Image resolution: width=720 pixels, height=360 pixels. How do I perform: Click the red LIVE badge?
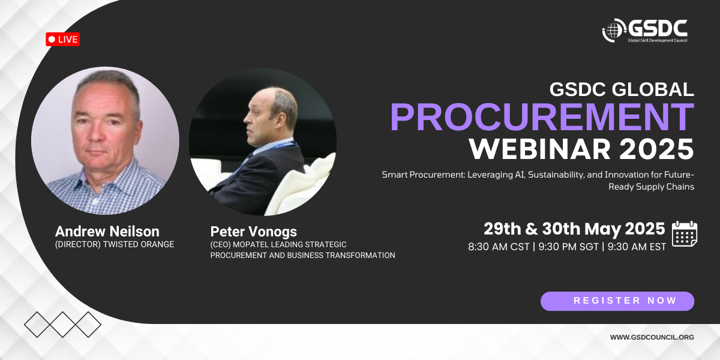[62, 39]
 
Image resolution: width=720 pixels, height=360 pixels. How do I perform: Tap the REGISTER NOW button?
[617, 301]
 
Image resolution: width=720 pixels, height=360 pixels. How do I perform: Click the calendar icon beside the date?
[685, 233]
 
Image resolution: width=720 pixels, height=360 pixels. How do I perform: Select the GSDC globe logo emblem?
[614, 30]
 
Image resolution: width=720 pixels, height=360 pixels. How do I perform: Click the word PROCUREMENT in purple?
[542, 117]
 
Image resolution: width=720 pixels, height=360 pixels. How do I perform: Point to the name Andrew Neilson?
[107, 232]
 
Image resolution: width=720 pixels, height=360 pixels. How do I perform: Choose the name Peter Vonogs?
[254, 232]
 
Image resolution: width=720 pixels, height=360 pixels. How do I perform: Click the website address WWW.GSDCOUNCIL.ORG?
[652, 337]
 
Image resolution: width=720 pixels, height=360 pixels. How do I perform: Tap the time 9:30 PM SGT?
[568, 247]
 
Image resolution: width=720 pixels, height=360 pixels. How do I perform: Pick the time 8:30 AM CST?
[499, 247]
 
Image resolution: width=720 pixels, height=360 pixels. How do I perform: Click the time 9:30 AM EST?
[637, 247]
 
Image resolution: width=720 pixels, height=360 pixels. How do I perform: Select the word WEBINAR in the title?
[539, 149]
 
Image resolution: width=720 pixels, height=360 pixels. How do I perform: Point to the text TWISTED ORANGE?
[139, 245]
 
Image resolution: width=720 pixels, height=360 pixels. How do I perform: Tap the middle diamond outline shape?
[62, 325]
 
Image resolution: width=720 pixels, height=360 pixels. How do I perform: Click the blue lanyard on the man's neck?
[277, 146]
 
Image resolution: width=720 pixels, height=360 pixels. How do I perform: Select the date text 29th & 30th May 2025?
[574, 229]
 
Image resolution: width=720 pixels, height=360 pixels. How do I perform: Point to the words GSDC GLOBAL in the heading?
[622, 89]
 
